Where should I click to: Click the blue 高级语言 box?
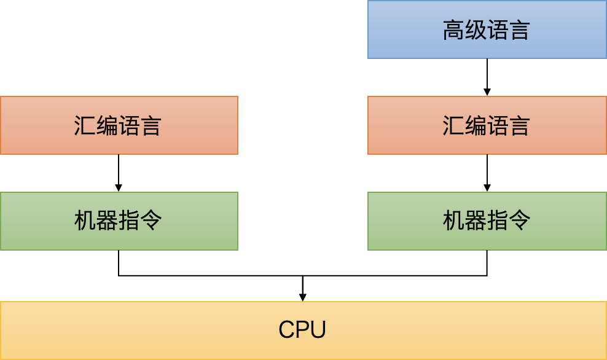tap(487, 29)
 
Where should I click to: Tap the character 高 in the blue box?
tap(453, 30)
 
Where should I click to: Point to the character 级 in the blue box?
tap(476, 30)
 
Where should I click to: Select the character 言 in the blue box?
tap(520, 30)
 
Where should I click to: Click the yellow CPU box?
tap(303, 330)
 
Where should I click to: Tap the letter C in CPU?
tap(286, 330)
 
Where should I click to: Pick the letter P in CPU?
tap(302, 330)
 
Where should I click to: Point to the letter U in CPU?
tap(318, 330)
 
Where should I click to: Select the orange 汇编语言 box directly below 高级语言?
tap(487, 125)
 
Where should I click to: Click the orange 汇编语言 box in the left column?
tap(119, 125)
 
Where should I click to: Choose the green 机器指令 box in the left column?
tap(119, 221)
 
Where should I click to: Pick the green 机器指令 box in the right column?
tap(487, 221)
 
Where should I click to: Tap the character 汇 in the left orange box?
tap(85, 126)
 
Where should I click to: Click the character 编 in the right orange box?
tap(476, 126)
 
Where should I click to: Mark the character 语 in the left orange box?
tap(129, 126)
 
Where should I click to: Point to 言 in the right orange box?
tap(520, 126)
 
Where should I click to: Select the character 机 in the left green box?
tap(85, 221)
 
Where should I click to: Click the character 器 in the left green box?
tap(107, 221)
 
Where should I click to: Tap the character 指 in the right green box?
tap(498, 221)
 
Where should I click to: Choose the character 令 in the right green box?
tap(520, 221)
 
